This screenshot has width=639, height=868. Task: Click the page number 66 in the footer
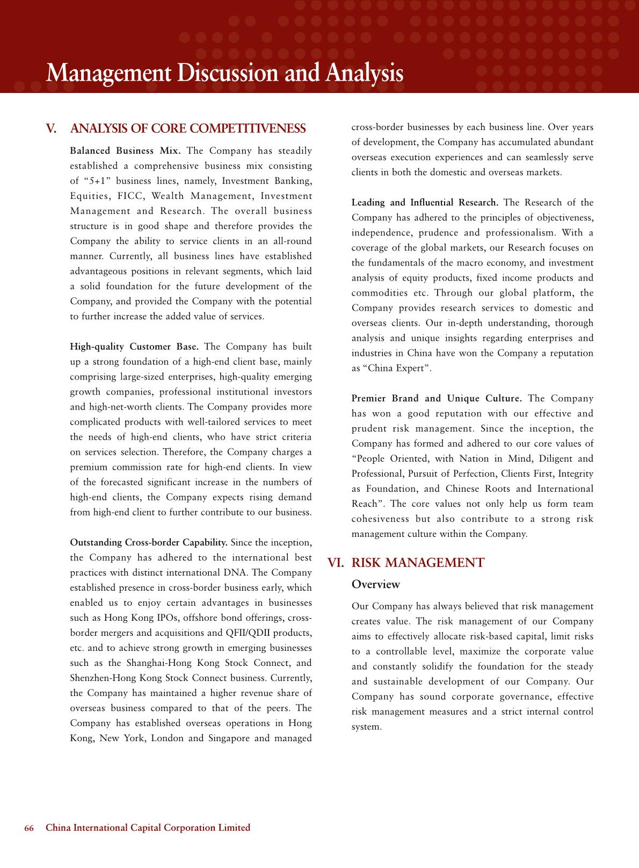coord(29,828)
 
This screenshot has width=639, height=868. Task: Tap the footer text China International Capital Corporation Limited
coord(148,828)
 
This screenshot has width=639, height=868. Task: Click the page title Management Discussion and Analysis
coord(224,73)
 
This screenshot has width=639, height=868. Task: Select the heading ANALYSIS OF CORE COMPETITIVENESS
coord(188,129)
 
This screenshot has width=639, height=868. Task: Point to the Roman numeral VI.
coord(336,563)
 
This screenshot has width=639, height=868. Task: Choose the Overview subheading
coord(376,584)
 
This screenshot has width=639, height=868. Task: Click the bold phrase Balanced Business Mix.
coord(125,151)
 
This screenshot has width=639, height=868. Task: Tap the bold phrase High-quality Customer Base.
coord(134,347)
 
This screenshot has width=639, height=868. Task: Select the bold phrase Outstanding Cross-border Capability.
coord(149,542)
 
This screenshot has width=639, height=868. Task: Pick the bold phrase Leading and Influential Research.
coord(425,203)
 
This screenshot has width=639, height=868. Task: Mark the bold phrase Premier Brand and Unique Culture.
coord(437,398)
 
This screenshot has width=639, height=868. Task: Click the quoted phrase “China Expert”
coord(397,368)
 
